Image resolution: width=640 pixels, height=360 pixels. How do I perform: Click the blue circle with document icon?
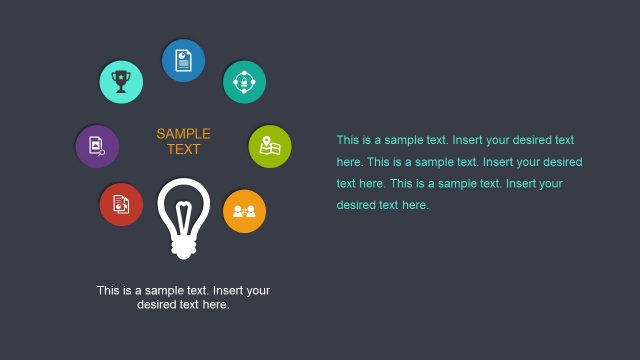tap(183, 61)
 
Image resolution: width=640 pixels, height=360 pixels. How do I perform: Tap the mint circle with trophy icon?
tap(121, 82)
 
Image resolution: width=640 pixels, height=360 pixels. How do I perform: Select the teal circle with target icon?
tap(244, 82)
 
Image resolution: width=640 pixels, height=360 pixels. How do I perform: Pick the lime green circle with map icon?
tap(269, 146)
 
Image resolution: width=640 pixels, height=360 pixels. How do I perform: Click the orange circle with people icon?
tap(244, 210)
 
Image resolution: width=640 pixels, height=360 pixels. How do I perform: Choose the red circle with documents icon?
tap(121, 204)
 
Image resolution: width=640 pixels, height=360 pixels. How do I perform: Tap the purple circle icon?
tap(97, 146)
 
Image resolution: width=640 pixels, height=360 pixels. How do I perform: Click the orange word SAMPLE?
tap(183, 133)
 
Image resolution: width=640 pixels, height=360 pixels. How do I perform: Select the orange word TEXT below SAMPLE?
tap(183, 150)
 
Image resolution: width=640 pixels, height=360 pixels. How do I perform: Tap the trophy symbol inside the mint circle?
tap(121, 81)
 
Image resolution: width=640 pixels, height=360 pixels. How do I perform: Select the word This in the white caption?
tap(108, 291)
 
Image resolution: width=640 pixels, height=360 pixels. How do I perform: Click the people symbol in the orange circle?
tap(244, 211)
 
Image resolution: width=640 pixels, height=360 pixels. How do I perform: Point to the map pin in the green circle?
tap(265, 142)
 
